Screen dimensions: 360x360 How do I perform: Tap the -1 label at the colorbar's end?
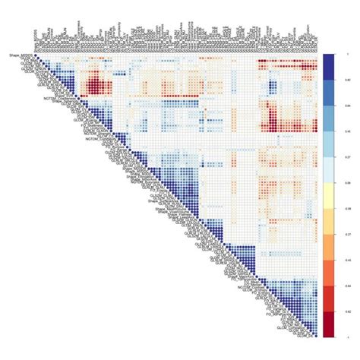pyautogui.click(x=336, y=336)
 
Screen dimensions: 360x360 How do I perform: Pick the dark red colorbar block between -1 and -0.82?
pyautogui.click(x=328, y=324)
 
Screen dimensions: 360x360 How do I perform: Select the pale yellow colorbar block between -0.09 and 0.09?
pyautogui.click(x=328, y=195)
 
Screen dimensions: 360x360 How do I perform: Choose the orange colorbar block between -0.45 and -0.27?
pyautogui.click(x=328, y=247)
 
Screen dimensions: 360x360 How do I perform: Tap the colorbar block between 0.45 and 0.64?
pyautogui.click(x=328, y=118)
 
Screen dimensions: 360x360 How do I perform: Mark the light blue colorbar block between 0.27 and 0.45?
pyautogui.click(x=328, y=144)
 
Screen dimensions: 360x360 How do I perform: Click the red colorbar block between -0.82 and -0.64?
pyautogui.click(x=328, y=298)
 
